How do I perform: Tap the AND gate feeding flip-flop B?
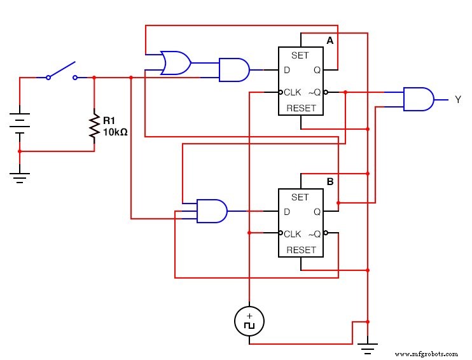pos(211,211)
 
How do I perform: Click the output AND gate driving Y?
pos(419,99)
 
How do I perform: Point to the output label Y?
pos(457,100)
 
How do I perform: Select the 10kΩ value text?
pos(116,133)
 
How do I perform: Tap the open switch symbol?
pos(62,71)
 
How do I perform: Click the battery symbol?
pos(20,123)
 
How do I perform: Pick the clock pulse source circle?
pos(249,321)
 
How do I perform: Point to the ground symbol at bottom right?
pos(367,347)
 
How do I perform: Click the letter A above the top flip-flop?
pos(330,41)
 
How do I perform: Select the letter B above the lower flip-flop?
pos(330,182)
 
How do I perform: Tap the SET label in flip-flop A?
pos(300,55)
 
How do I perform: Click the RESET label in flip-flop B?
pos(300,250)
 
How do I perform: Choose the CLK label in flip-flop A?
pos(292,92)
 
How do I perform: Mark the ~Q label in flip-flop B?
pos(314,233)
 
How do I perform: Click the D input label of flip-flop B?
pos(287,211)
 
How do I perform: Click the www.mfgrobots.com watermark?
pos(426,354)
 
